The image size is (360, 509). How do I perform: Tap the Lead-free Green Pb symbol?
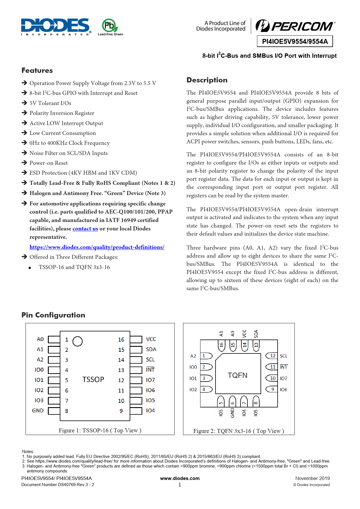pyautogui.click(x=110, y=26)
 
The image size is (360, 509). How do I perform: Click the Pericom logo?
pyautogui.click(x=295, y=26)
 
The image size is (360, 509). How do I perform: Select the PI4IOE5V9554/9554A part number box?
pyautogui.click(x=295, y=41)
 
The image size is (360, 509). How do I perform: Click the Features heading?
pyautogui.click(x=37, y=71)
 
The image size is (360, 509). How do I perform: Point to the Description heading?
pyautogui.click(x=207, y=80)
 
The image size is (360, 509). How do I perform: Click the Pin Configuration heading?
pyautogui.click(x=53, y=315)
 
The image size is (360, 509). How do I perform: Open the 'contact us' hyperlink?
pyautogui.click(x=85, y=229)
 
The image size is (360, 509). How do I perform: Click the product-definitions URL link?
pyautogui.click(x=97, y=247)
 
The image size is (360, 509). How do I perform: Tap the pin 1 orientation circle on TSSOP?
pyautogui.click(x=77, y=341)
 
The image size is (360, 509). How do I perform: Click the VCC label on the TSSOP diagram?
pyautogui.click(x=151, y=339)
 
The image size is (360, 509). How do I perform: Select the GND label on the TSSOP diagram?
pyautogui.click(x=38, y=411)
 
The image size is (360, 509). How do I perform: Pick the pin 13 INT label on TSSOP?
pyautogui.click(x=150, y=370)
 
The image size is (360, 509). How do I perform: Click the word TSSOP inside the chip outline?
pyautogui.click(x=93, y=380)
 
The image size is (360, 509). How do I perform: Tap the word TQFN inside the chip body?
pyautogui.click(x=238, y=376)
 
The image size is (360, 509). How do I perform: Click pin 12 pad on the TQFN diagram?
pyautogui.click(x=272, y=356)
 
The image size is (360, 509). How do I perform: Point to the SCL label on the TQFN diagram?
pyautogui.click(x=283, y=356)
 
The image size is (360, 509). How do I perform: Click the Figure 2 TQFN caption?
pyautogui.click(x=238, y=431)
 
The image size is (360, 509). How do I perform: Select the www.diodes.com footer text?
pyautogui.click(x=180, y=479)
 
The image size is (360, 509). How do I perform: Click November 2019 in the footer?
pyautogui.click(x=312, y=479)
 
